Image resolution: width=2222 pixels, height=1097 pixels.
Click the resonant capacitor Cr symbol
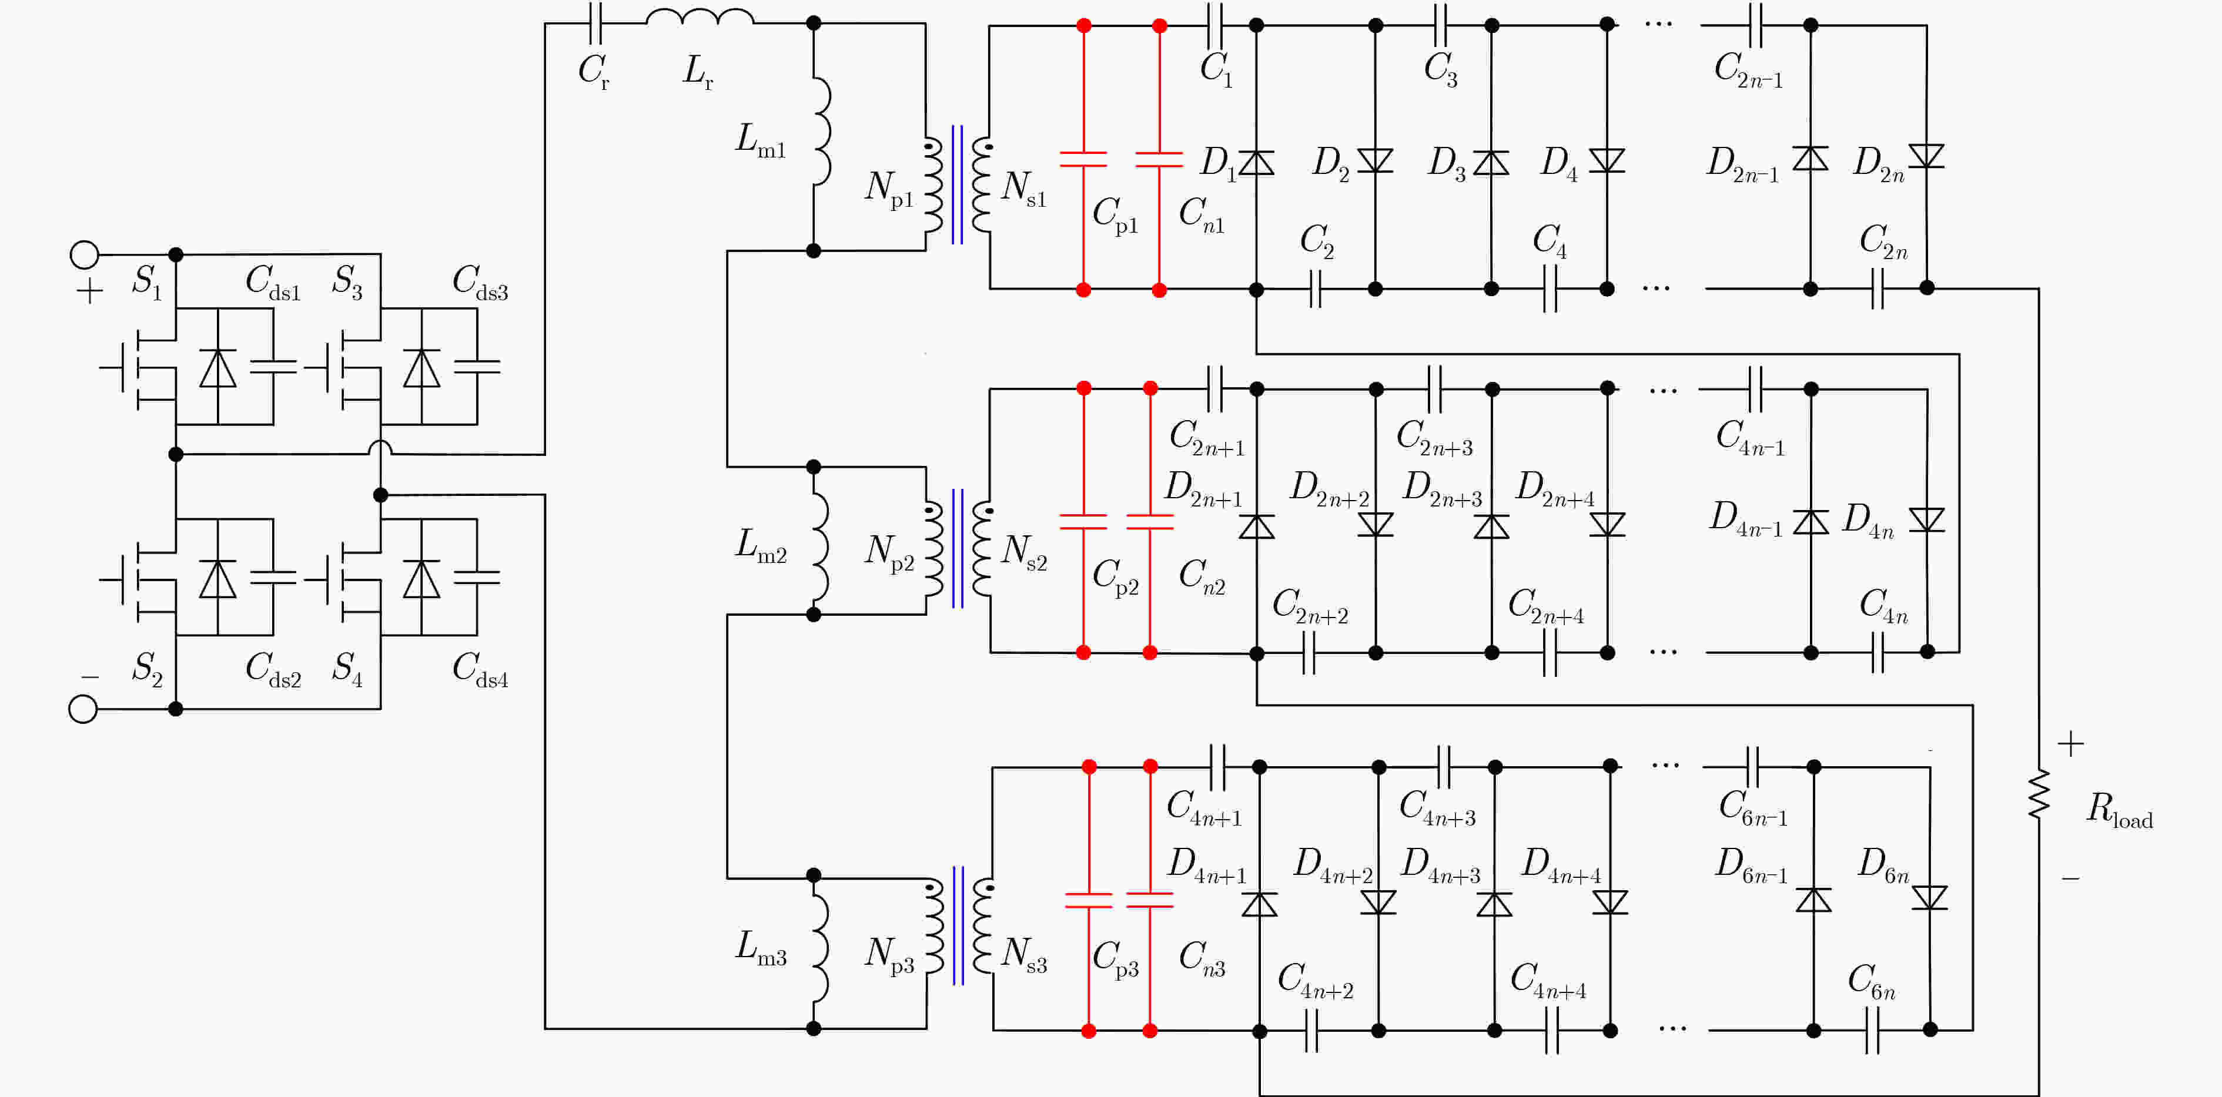point(595,24)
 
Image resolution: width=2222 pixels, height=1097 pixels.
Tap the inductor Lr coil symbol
point(700,16)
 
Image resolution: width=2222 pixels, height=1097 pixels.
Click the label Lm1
point(760,140)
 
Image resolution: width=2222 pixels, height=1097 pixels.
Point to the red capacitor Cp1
point(1083,159)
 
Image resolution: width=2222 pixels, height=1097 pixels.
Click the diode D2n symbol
point(1926,156)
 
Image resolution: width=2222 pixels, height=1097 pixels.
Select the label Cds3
point(480,283)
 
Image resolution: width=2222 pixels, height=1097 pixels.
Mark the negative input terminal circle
point(83,709)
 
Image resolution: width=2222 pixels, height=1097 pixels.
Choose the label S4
point(347,669)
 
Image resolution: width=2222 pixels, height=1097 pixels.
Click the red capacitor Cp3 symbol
point(1089,900)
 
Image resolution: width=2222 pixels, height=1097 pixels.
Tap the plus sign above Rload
point(2071,743)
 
